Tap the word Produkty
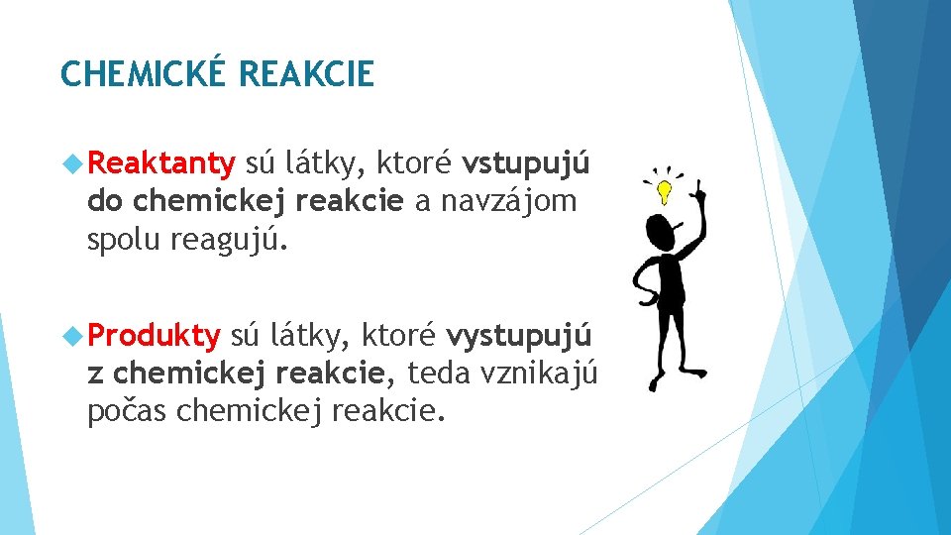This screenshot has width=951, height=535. pos(154,337)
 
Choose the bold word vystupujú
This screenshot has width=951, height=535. pos(519,338)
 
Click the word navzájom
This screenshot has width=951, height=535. pos(508,201)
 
